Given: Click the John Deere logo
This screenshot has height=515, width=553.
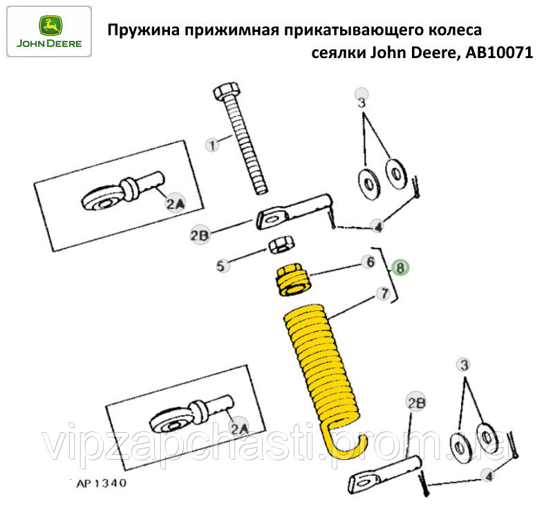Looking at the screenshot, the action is pyautogui.click(x=49, y=31).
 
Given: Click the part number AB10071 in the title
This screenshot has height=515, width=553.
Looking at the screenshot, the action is pyautogui.click(x=499, y=53).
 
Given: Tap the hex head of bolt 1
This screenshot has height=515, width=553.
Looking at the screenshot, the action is pyautogui.click(x=227, y=91).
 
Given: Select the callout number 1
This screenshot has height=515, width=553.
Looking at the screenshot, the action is pyautogui.click(x=212, y=145).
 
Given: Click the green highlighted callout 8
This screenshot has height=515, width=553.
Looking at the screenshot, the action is pyautogui.click(x=400, y=268).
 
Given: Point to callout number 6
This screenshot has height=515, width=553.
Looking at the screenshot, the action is pyautogui.click(x=370, y=262).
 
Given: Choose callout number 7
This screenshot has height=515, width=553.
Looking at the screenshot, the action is pyautogui.click(x=384, y=294).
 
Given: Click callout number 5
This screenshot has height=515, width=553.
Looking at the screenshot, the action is pyautogui.click(x=221, y=265).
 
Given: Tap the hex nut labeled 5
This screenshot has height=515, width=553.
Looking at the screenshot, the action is pyautogui.click(x=281, y=245).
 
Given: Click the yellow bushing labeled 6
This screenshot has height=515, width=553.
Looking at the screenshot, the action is pyautogui.click(x=293, y=280).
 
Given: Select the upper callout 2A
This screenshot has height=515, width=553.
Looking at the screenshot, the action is pyautogui.click(x=176, y=203).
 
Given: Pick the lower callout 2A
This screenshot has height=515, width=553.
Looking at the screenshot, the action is pyautogui.click(x=239, y=428).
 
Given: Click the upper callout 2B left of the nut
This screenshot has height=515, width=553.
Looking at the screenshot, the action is pyautogui.click(x=200, y=235).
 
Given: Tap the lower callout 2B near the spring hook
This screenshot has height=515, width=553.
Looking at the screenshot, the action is pyautogui.click(x=416, y=402).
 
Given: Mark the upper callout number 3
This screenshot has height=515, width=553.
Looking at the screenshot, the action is pyautogui.click(x=362, y=102).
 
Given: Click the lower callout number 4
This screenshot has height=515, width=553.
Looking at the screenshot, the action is pyautogui.click(x=489, y=476).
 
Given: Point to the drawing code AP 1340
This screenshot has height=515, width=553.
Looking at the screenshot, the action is pyautogui.click(x=102, y=483).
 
